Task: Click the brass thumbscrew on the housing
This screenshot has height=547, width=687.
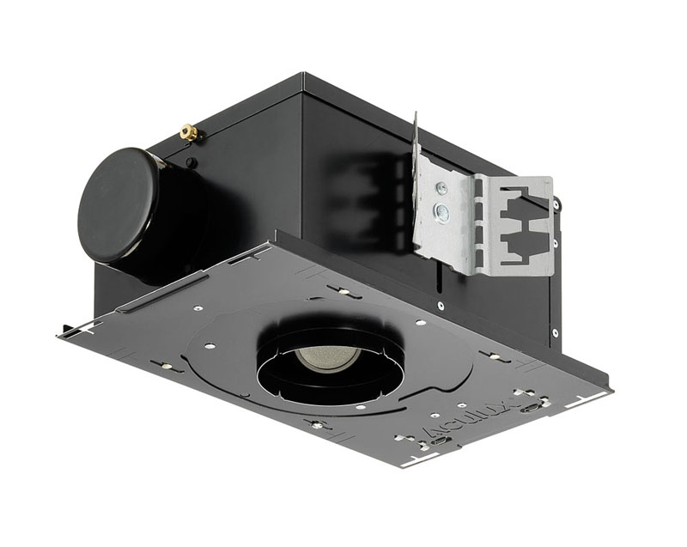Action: pyautogui.click(x=188, y=132)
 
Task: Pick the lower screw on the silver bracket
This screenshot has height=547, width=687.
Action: pyautogui.click(x=442, y=210)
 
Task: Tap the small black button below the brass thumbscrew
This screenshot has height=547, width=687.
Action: pyautogui.click(x=190, y=161)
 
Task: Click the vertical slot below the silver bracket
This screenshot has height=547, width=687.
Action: pyautogui.click(x=443, y=278)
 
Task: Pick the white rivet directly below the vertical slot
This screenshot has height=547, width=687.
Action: pyautogui.click(x=441, y=305)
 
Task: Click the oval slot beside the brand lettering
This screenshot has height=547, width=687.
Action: pyautogui.click(x=536, y=407)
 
